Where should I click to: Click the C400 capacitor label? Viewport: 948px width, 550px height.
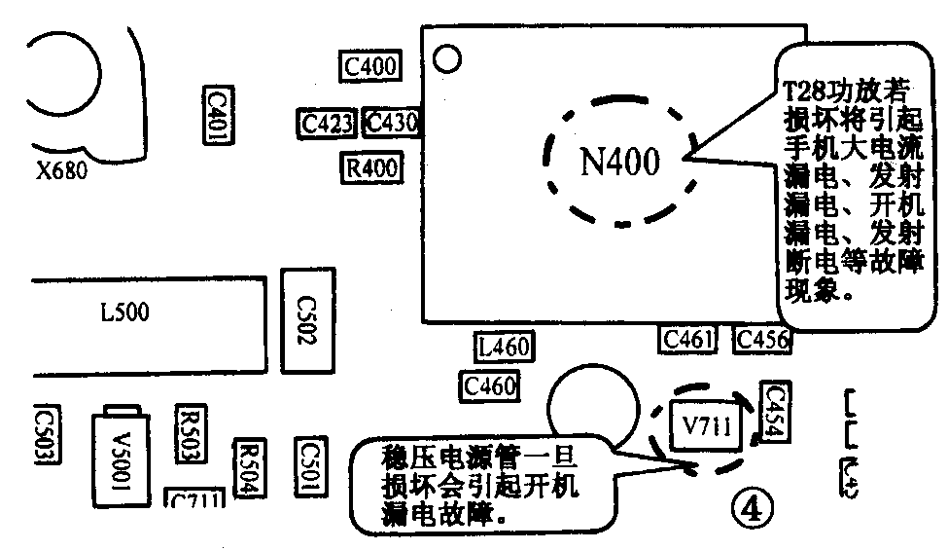point(369,66)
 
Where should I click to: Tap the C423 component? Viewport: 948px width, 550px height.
point(327,124)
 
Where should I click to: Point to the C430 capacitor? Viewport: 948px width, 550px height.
point(391,124)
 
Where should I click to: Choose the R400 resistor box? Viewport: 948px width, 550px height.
point(371,167)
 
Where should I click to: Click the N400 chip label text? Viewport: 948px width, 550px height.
point(619,161)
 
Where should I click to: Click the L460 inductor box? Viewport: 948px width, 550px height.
point(503,347)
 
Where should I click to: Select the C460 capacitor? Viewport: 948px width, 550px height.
point(490,386)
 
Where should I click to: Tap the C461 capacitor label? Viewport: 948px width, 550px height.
point(688,339)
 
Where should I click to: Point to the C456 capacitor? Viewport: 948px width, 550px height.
point(762,339)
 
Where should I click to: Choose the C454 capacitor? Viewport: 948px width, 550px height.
point(776,411)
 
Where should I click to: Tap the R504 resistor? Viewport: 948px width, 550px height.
point(250,470)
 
